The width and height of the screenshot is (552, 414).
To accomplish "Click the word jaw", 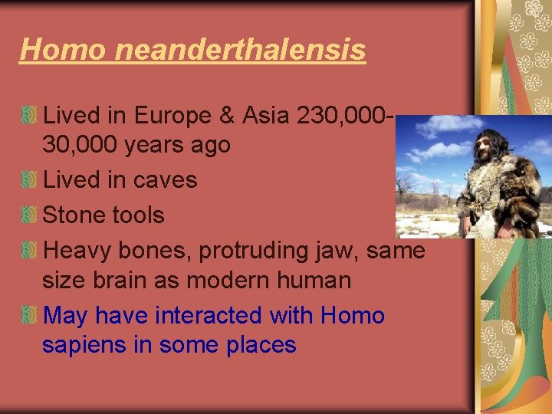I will coord(343,250).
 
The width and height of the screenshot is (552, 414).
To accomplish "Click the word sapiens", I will coord(84,345).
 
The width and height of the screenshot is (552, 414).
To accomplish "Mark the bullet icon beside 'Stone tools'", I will coord(29,215).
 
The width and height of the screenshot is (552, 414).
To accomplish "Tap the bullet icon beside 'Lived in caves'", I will coord(29,181).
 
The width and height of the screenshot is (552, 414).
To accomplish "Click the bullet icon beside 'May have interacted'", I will coord(29,316).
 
